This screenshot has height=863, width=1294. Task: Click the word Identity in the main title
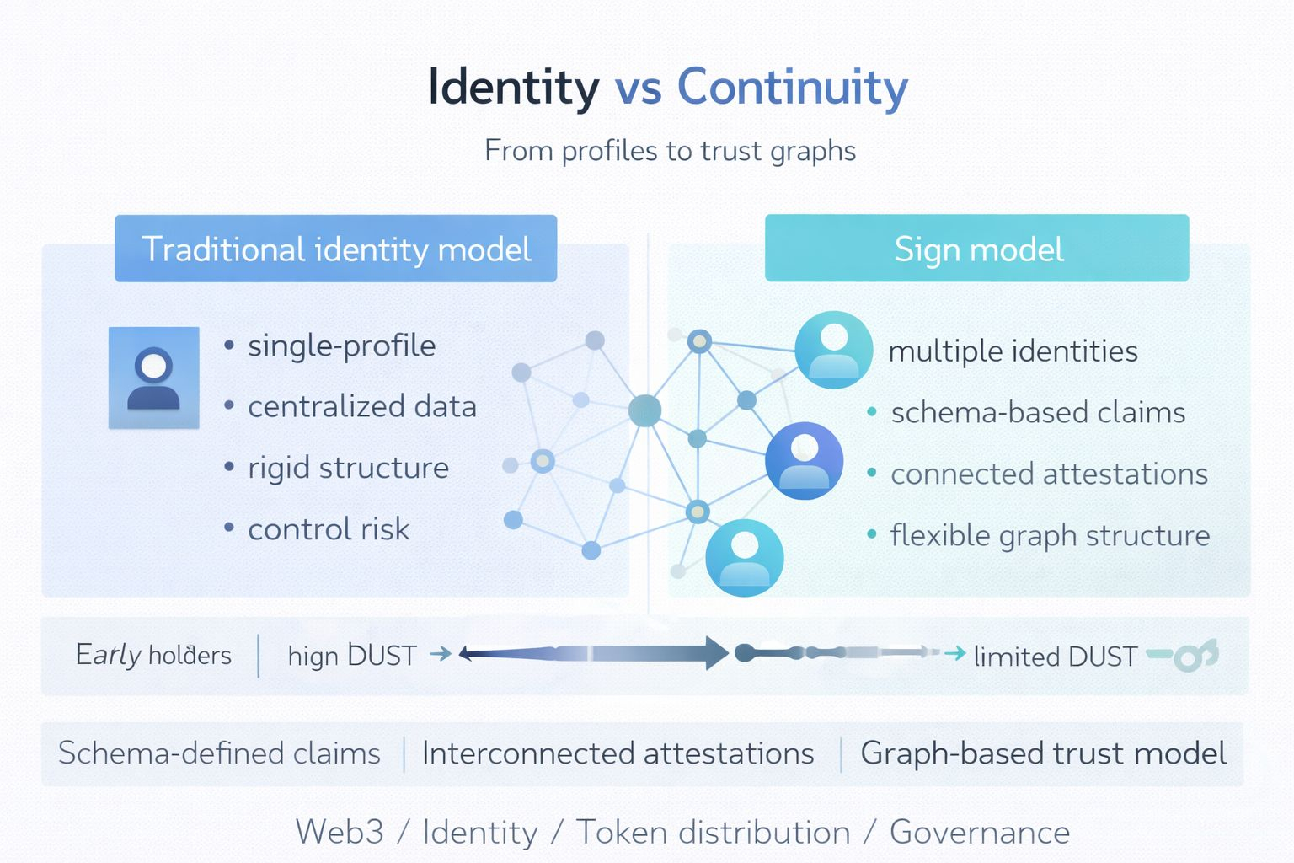[513, 87]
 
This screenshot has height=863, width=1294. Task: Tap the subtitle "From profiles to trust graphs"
[670, 151]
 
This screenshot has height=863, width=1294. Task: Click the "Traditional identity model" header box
[335, 249]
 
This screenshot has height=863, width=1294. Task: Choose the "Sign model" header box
[977, 249]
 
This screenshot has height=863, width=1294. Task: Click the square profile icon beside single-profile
[154, 378]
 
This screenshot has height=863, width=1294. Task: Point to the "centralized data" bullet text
[361, 407]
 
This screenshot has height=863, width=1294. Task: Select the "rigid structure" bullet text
[348, 468]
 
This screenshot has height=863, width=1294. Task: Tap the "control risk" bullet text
[329, 529]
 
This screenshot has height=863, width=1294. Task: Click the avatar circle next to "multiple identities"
[833, 350]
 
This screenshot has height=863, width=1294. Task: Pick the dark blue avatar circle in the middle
[804, 461]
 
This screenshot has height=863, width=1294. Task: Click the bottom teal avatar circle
[744, 558]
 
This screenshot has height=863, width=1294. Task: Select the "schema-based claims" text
[1038, 413]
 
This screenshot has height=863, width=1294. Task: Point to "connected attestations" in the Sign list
[1049, 474]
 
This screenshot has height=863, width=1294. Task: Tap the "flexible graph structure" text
[1050, 535]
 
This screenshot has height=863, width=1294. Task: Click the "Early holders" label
[153, 655]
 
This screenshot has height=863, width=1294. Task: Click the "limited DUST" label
[1055, 657]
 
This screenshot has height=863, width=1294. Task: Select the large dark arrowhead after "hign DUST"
[716, 653]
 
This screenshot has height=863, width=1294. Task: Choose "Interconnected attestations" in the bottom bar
[618, 753]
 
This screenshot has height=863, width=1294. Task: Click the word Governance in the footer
[979, 833]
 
